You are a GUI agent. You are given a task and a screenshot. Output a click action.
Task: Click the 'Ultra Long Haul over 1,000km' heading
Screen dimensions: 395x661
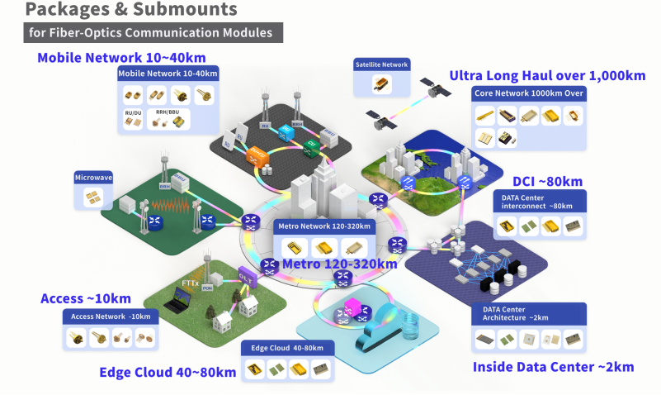click(x=547, y=75)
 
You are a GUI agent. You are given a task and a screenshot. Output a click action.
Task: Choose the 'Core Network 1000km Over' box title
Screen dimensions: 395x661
click(x=529, y=94)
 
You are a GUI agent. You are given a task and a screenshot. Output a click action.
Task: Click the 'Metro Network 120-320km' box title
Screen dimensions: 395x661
click(x=323, y=226)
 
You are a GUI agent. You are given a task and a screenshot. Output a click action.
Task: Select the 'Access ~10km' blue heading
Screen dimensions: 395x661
click(x=86, y=298)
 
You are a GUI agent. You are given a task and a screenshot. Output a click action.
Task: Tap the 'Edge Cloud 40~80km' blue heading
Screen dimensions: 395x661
click(x=168, y=372)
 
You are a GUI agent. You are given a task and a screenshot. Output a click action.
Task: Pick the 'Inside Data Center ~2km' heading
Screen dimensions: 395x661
click(x=554, y=366)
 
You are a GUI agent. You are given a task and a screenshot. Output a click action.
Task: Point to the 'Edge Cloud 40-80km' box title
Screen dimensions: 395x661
click(x=287, y=347)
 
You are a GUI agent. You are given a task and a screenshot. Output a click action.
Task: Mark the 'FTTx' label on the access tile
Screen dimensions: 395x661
click(x=190, y=282)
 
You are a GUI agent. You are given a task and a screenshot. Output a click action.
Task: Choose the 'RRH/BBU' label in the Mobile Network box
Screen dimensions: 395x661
click(x=168, y=111)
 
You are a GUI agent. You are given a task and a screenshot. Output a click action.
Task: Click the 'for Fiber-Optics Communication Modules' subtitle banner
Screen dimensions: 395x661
click(x=153, y=34)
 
